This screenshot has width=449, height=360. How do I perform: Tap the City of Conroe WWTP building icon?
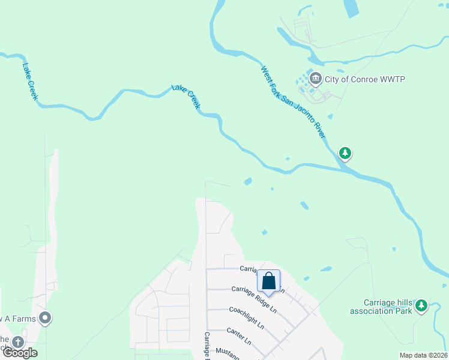coord(316,79)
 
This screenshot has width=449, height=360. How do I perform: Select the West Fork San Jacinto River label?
coord(294,103)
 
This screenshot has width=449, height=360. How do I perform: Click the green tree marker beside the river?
coord(345,154)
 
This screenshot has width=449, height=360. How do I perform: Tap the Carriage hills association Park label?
coord(382,307)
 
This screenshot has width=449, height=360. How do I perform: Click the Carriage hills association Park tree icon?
coord(421,307)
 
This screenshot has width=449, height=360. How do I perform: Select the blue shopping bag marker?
coord(268,280)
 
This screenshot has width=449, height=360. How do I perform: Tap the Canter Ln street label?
coord(238,336)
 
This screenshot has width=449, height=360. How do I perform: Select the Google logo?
coord(20,353)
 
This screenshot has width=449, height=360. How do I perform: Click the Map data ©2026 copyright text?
coord(423,355)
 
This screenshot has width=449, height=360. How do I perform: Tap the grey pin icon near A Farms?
coord(45,318)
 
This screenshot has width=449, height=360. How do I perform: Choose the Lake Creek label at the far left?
coord(31,82)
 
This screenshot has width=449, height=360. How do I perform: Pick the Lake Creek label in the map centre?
coord(186,97)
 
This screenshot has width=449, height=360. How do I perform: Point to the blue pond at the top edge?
coord(350,8)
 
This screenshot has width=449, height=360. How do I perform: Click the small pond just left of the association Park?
coord(326,269)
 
